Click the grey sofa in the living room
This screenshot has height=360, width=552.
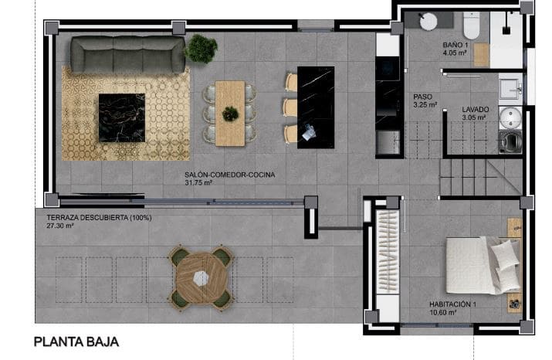(x=127, y=54)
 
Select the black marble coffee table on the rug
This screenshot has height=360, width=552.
(x=121, y=118)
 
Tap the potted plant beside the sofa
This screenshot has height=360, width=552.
(x=201, y=48)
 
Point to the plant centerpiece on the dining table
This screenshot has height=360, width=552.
(x=230, y=114)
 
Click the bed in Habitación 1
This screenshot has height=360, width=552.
(x=483, y=265)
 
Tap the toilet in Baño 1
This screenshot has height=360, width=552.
(x=472, y=22)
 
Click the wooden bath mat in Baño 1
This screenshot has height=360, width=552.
(x=481, y=54)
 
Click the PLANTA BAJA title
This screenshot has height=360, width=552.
(x=76, y=341)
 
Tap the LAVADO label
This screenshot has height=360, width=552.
(x=475, y=110)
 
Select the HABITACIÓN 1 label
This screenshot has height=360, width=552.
(x=453, y=304)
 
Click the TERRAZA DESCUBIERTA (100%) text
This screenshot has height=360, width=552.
(x=99, y=218)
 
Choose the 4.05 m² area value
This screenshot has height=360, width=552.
(x=455, y=54)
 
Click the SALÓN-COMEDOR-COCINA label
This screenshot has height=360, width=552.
(x=230, y=175)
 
